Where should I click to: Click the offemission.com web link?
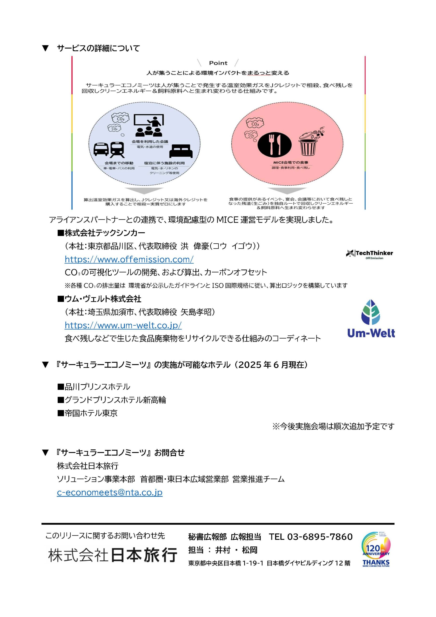(129, 259)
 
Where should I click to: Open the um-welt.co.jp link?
(123, 325)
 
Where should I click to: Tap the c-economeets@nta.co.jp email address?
(110, 492)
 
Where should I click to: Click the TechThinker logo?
(369, 254)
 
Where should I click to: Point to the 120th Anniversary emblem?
(376, 549)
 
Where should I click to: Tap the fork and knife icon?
(274, 145)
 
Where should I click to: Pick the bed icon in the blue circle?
(181, 151)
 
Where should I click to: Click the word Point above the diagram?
(218, 63)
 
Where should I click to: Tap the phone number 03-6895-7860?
(320, 537)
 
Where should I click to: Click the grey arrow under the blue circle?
(144, 191)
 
